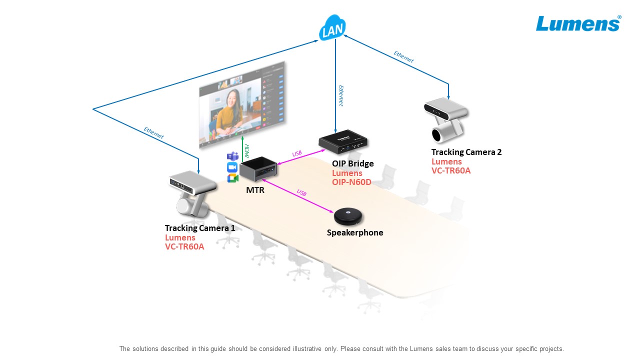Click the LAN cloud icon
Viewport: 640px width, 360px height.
point(332,29)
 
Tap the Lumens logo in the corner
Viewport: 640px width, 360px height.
point(578,23)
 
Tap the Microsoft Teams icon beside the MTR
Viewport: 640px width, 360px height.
point(232,156)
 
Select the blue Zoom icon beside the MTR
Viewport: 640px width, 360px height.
point(232,167)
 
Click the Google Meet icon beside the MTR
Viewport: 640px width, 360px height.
point(232,178)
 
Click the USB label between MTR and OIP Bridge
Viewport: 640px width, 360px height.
point(297,153)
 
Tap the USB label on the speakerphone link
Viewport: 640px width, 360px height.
point(301,192)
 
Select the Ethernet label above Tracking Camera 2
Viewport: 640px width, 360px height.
point(403,56)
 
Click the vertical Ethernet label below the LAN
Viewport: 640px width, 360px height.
point(341,95)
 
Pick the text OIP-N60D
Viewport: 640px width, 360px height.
point(351,182)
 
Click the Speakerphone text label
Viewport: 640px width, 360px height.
point(355,232)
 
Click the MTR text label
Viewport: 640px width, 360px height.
point(255,190)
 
